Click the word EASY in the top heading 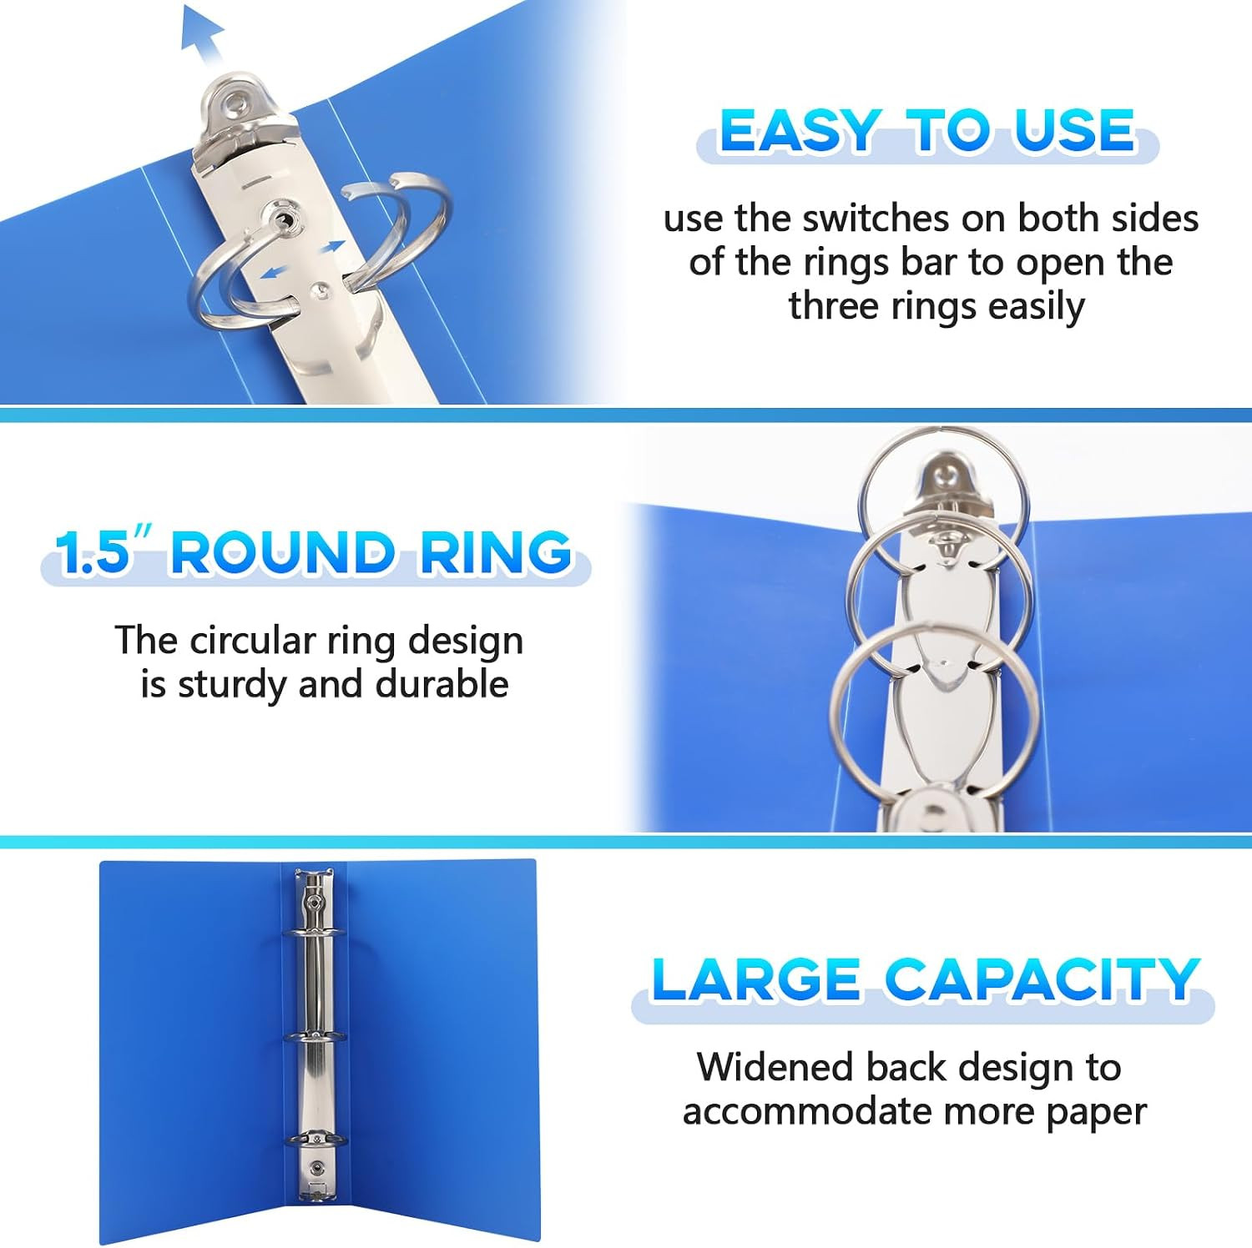point(799,131)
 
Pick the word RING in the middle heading point(495,552)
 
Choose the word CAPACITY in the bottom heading point(1042,979)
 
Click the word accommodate point(807,1111)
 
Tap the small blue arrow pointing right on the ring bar point(331,247)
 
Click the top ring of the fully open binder point(314,933)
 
